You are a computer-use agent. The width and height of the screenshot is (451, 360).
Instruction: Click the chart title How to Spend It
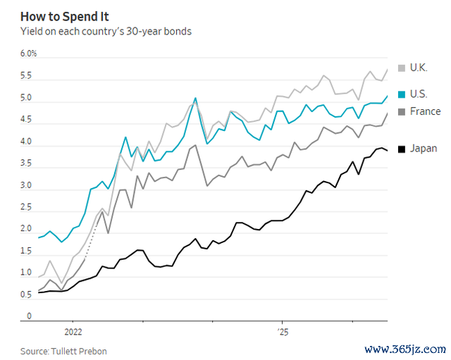pyautogui.click(x=64, y=17)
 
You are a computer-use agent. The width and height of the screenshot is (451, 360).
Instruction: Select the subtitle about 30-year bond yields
pyautogui.click(x=106, y=31)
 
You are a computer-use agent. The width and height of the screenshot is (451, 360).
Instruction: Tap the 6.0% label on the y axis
pyautogui.click(x=28, y=54)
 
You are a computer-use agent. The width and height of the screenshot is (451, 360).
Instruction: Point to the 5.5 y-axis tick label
pyautogui.click(x=26, y=75)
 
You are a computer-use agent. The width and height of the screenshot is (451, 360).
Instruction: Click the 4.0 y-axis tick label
pyautogui.click(x=26, y=142)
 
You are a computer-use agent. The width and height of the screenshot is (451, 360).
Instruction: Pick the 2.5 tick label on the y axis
pyautogui.click(x=26, y=207)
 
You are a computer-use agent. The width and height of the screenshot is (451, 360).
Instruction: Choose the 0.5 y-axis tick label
pyautogui.click(x=26, y=294)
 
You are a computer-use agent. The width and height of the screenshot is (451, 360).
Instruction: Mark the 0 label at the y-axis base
pyautogui.click(x=29, y=316)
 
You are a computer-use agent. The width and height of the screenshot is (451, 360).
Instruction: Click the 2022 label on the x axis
pyautogui.click(x=73, y=332)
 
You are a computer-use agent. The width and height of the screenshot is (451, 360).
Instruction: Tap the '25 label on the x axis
pyautogui.click(x=283, y=332)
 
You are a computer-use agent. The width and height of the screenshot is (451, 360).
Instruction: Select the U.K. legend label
pyautogui.click(x=419, y=68)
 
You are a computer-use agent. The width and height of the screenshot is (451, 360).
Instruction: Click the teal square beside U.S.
pyautogui.click(x=402, y=94)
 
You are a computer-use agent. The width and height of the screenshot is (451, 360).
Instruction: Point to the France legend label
pyautogui.click(x=425, y=111)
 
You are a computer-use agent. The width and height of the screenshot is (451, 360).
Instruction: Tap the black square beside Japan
pyautogui.click(x=402, y=149)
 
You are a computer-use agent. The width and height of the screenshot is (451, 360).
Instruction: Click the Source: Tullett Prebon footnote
pyautogui.click(x=63, y=351)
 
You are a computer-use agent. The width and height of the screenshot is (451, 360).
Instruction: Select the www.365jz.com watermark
pyautogui.click(x=405, y=349)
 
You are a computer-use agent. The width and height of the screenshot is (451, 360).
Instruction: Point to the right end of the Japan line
pyautogui.click(x=388, y=151)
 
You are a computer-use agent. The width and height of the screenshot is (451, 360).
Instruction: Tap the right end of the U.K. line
pyautogui.click(x=388, y=69)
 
